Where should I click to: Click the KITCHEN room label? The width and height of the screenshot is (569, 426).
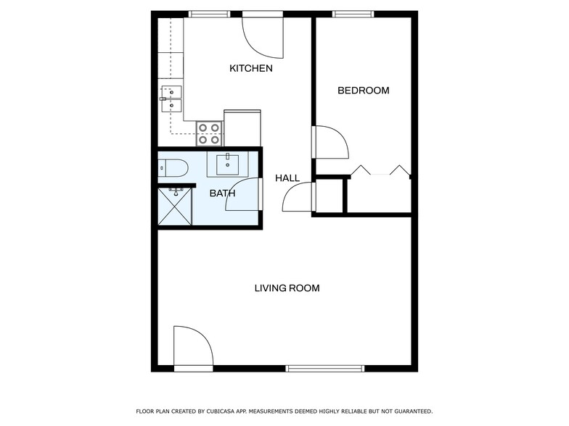[250, 69]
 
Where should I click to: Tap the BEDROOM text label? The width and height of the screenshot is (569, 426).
[363, 91]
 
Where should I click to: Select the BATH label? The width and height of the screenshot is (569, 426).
[222, 193]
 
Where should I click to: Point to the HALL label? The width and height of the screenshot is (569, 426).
[287, 178]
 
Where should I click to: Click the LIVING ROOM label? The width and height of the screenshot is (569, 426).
[287, 288]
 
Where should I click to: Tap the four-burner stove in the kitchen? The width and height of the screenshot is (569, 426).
[209, 133]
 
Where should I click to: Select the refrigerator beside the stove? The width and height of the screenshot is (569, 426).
[242, 128]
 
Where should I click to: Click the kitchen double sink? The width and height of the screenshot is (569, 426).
[171, 99]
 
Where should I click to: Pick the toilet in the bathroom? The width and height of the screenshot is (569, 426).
[173, 168]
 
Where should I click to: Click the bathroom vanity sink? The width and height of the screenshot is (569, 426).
[228, 164]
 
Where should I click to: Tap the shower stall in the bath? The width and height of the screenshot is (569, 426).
[175, 206]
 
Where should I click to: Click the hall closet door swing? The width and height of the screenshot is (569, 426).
[299, 197]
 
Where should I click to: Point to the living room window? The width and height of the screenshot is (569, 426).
[324, 368]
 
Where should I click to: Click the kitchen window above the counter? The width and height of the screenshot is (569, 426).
[209, 14]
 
